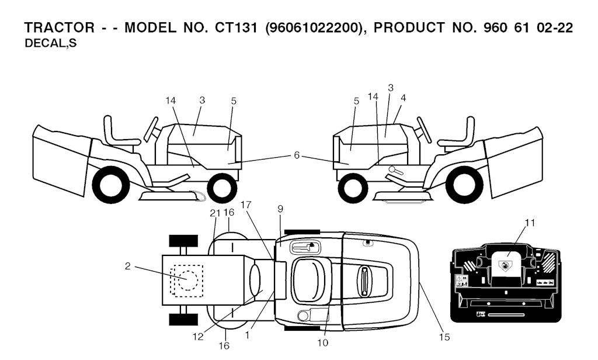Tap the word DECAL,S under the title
point(50,44)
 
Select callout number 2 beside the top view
point(128,266)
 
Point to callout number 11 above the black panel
point(530,223)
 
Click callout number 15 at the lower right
point(444,337)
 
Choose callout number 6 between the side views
point(297,155)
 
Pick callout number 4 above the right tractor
point(403,98)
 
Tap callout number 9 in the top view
point(280,209)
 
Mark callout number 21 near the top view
point(215,213)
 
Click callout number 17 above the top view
point(246,205)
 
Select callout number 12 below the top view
point(199,337)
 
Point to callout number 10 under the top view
point(322,343)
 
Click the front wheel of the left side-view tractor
point(223,188)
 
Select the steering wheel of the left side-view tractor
point(151,130)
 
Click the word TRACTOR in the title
point(59,28)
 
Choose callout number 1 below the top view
point(248,335)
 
